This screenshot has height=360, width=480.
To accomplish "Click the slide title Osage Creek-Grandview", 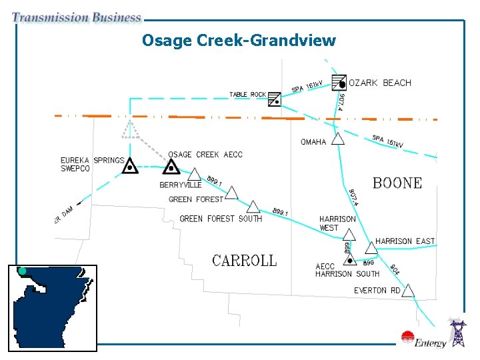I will point(239,41).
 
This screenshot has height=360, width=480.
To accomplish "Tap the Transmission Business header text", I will point(77,18).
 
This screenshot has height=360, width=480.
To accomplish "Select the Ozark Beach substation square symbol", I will point(339,82).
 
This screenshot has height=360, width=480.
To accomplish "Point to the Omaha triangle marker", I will point(338,139).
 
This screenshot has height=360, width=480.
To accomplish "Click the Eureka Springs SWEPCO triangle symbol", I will point(130,166).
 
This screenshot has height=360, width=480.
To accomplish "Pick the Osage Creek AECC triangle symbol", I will point(172,167).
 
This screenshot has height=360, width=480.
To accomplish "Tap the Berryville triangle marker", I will point(194,175).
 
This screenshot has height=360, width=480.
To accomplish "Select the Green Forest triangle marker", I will point(231,193).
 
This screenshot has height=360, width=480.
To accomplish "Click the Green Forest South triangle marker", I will point(253,207).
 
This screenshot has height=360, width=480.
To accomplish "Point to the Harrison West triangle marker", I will point(349,233).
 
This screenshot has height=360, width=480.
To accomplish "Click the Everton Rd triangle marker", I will point(409,291).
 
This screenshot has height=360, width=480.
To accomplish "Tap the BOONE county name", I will point(397,183).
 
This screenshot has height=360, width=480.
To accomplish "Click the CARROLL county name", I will point(244,261).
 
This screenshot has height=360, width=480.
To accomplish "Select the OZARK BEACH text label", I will point(380,83).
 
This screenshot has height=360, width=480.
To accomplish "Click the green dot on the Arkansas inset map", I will point(22,271).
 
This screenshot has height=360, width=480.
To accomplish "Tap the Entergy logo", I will point(423,340).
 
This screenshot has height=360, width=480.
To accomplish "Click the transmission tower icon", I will point(458,333).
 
